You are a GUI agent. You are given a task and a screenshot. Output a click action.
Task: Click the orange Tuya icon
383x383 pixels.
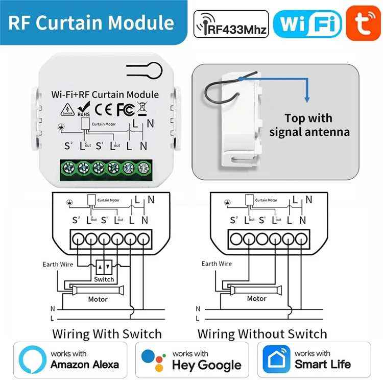(x=364, y=23)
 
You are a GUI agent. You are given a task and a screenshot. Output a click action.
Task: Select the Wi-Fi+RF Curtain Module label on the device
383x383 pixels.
(x=105, y=94)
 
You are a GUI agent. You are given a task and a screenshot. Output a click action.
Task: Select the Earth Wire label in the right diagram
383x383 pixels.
(x=217, y=264)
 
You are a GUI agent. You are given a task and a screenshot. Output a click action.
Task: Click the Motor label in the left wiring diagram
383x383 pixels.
(x=98, y=299)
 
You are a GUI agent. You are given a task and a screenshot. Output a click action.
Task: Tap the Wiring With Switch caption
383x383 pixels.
(x=107, y=334)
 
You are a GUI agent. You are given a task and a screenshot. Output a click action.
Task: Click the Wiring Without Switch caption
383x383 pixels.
(x=262, y=334)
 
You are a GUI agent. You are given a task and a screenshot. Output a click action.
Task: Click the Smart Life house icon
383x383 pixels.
(x=276, y=359)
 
